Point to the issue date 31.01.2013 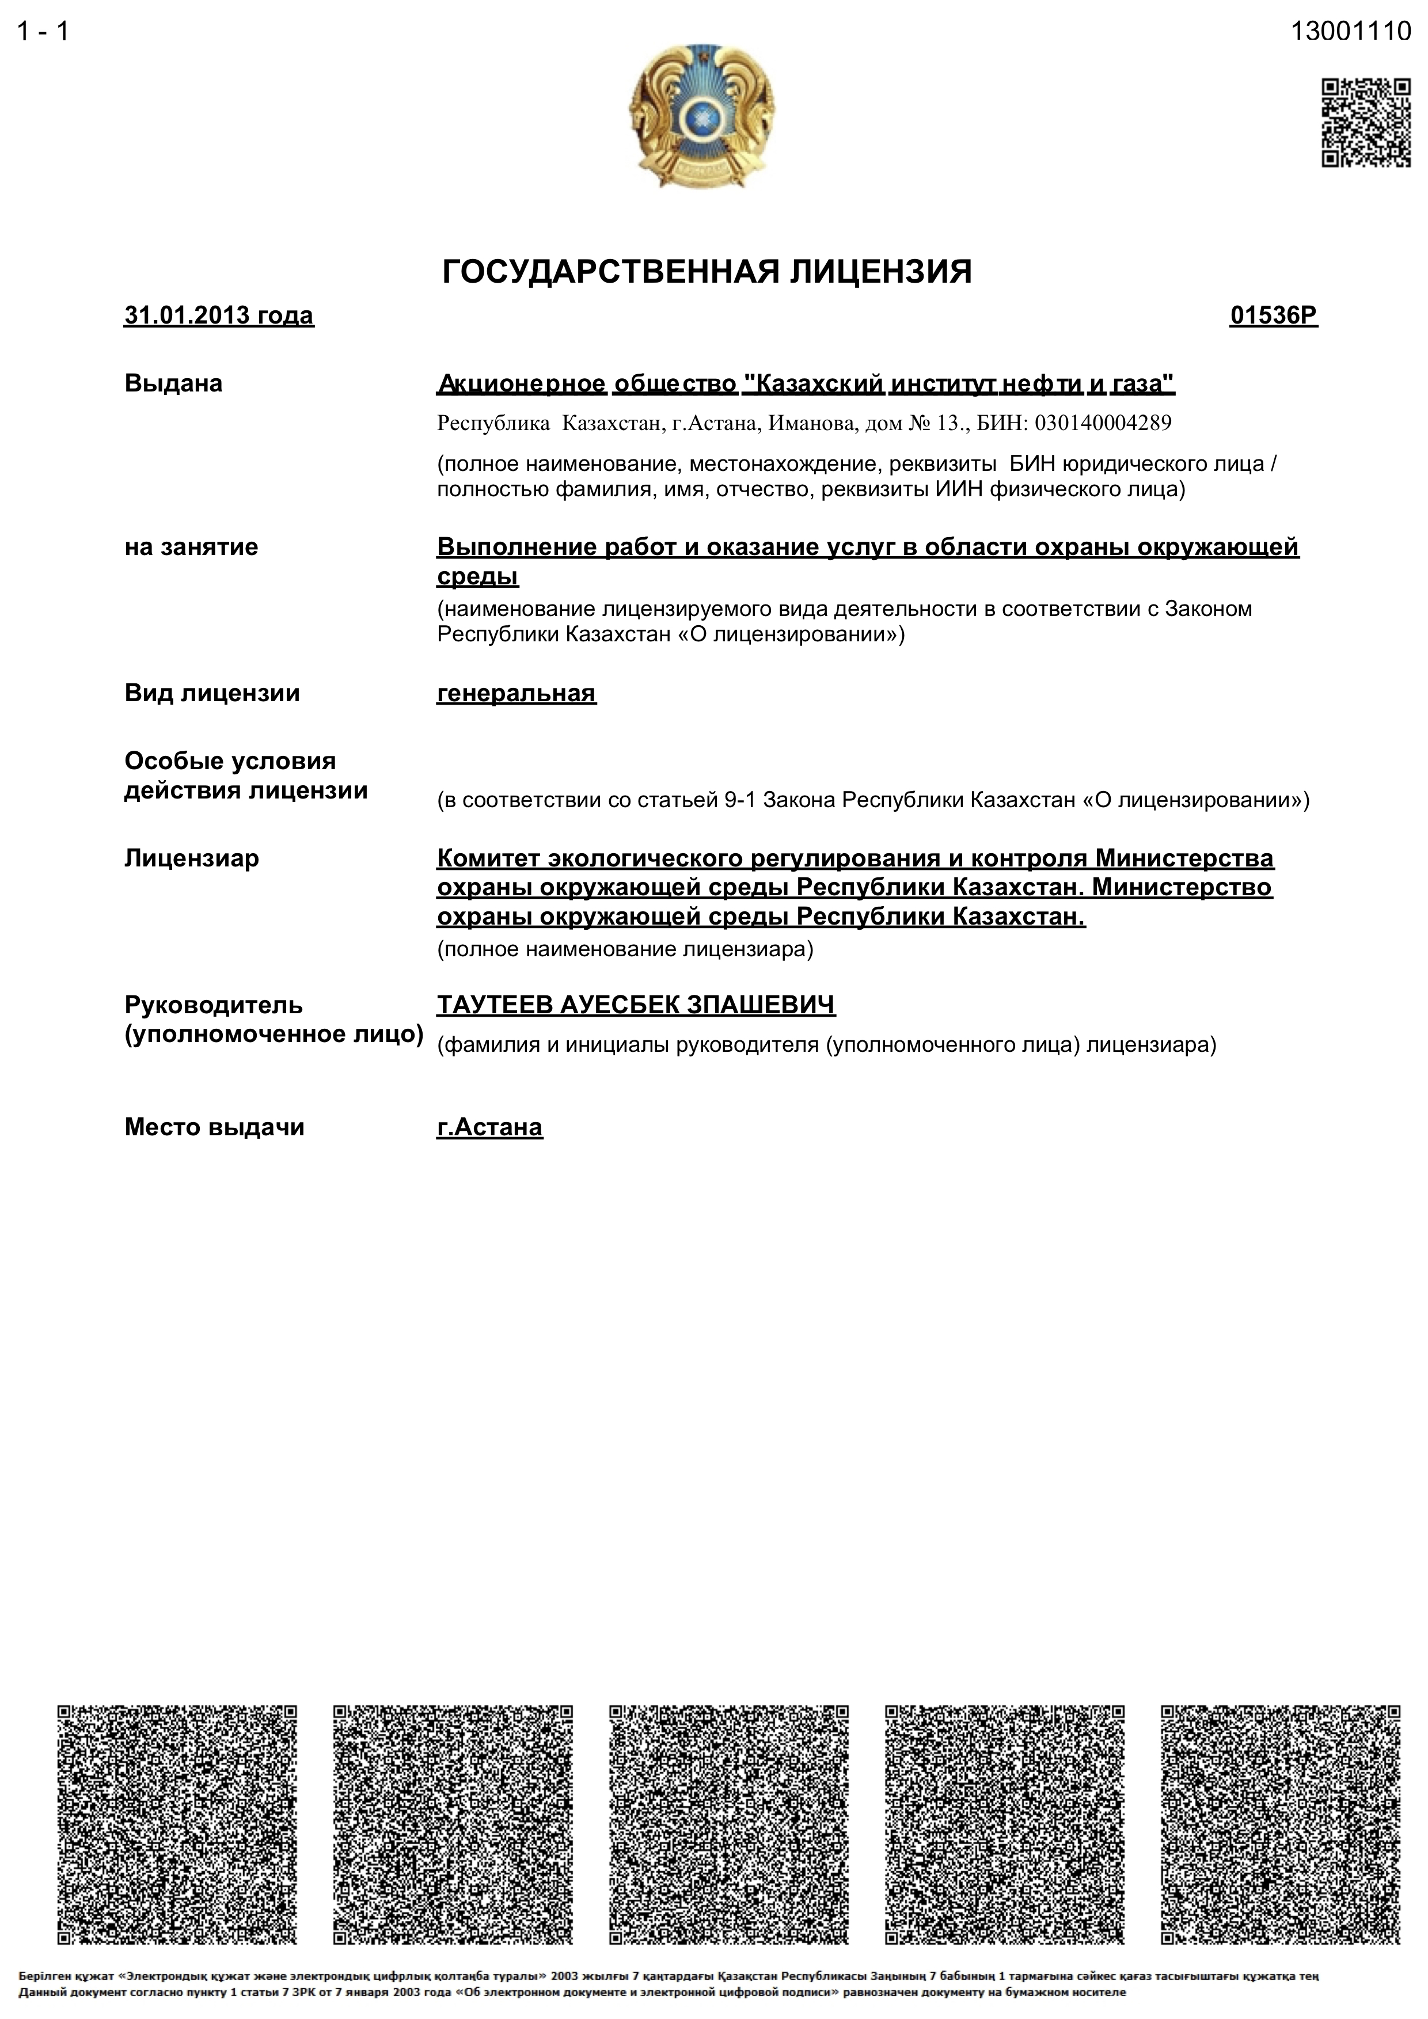click(187, 315)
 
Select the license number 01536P click(1273, 315)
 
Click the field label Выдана click(173, 383)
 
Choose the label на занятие click(191, 547)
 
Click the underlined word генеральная click(516, 693)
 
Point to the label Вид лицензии click(212, 693)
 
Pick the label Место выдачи click(214, 1127)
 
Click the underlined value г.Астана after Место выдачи click(490, 1127)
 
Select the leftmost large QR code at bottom click(177, 1826)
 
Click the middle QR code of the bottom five click(729, 1826)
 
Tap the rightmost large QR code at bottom click(1280, 1826)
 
